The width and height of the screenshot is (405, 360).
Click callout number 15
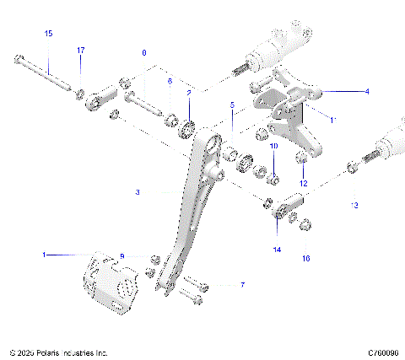point(48,33)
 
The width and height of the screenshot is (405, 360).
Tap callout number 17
point(81,51)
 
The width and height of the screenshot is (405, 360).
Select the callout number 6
point(169,81)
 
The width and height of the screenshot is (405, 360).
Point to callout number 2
point(189,93)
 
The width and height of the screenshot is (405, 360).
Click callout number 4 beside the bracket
point(342,90)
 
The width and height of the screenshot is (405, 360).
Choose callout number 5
point(232,105)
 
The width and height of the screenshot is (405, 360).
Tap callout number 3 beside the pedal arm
point(137,192)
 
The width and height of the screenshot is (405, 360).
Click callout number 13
point(354,205)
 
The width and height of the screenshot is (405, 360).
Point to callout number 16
point(306,258)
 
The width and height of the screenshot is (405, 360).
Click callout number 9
point(121,256)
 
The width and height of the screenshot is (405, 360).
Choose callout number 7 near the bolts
point(242,286)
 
